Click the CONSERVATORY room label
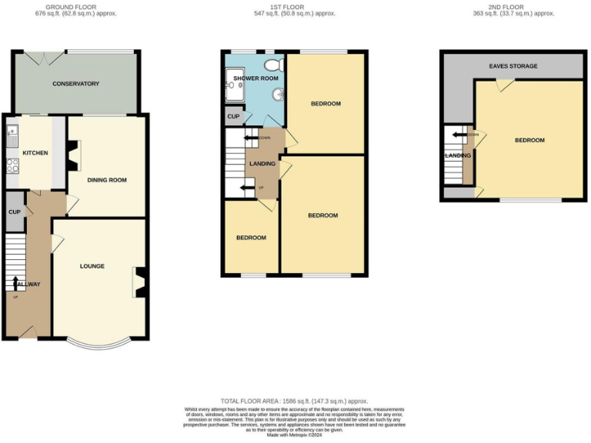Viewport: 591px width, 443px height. pyautogui.click(x=75, y=83)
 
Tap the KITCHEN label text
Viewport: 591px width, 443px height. pyautogui.click(x=35, y=153)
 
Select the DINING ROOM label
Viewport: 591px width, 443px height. pyautogui.click(x=106, y=180)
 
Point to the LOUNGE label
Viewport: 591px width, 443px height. pyautogui.click(x=92, y=266)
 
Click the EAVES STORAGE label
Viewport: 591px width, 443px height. pyautogui.click(x=513, y=66)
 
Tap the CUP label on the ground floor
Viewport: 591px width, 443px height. pyautogui.click(x=14, y=213)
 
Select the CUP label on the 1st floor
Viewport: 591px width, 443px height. pyautogui.click(x=232, y=116)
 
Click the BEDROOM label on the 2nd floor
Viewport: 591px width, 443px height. pyautogui.click(x=529, y=140)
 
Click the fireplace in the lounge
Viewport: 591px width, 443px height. pyautogui.click(x=139, y=281)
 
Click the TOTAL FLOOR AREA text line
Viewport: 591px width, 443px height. pyautogui.click(x=294, y=401)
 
